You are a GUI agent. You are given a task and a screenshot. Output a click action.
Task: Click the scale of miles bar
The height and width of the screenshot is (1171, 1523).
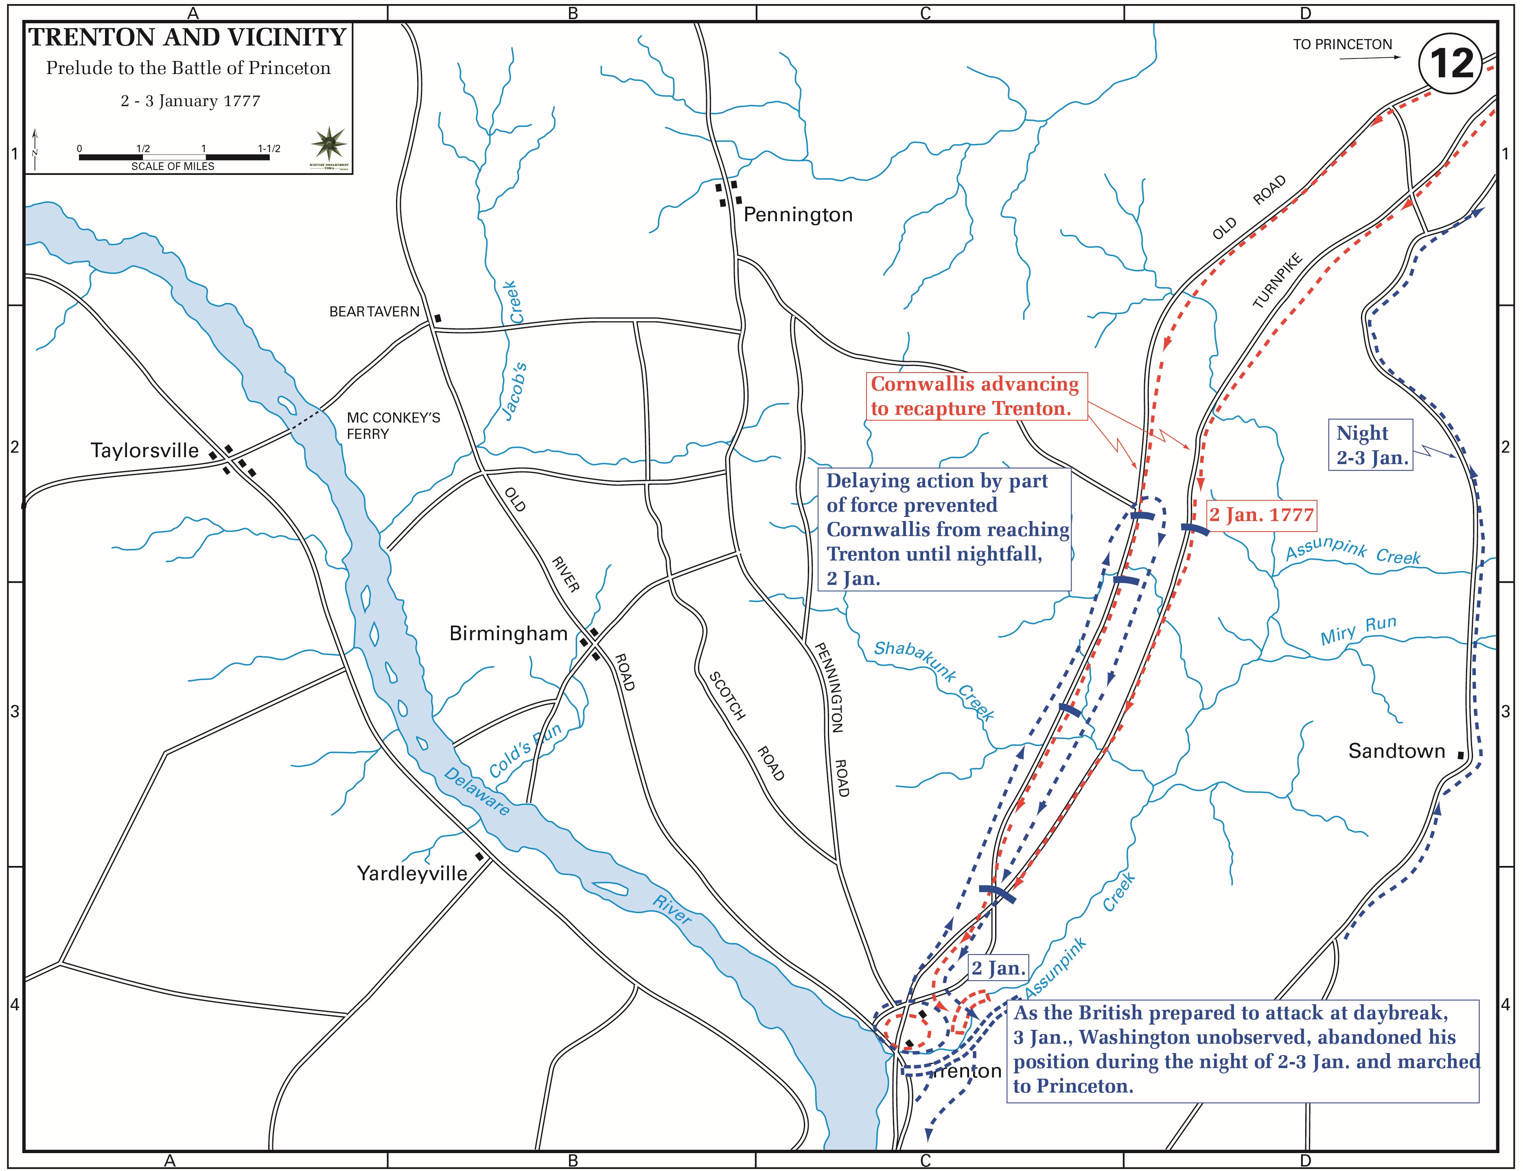(x=174, y=157)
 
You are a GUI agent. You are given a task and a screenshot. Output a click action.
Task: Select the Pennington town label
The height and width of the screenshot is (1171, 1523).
(x=798, y=215)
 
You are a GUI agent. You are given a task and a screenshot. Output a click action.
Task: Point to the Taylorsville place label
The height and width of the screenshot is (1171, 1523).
(x=144, y=450)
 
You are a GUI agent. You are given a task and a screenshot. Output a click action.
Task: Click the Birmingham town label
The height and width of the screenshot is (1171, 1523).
(x=508, y=634)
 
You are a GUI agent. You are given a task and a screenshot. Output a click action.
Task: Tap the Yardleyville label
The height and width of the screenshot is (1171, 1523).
(x=412, y=873)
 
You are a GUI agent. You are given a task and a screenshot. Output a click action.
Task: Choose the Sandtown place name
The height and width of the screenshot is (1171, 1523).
(x=1396, y=751)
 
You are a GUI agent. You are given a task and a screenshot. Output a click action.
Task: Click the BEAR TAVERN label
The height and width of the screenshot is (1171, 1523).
(x=374, y=312)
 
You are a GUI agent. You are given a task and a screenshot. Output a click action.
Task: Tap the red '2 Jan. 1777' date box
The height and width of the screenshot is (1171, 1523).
(x=1261, y=515)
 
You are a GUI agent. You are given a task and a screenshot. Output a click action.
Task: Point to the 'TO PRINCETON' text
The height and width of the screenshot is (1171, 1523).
(x=1342, y=45)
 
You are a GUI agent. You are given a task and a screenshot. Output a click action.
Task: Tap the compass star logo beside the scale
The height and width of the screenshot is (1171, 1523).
(x=328, y=143)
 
